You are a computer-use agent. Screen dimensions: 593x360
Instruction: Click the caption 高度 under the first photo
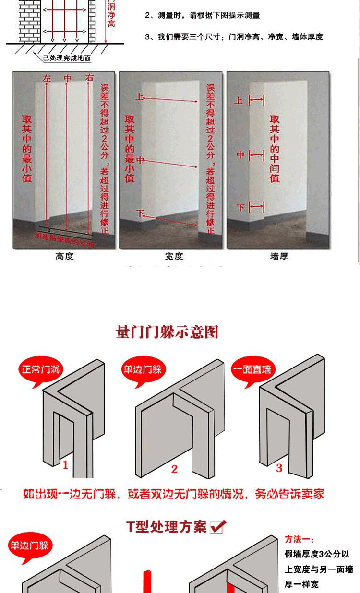64,257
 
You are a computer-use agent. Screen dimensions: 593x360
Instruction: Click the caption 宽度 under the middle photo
174,257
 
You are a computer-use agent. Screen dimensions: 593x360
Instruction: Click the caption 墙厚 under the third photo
279,257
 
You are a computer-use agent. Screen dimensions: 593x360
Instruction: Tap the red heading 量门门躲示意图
168,332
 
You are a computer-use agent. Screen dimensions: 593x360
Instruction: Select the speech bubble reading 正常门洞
41,370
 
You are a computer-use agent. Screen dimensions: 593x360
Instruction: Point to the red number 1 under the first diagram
66,464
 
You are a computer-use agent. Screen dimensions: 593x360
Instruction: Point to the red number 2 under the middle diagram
174,469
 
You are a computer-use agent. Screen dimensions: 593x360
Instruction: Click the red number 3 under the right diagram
279,468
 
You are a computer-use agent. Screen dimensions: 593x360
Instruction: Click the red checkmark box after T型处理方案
218,527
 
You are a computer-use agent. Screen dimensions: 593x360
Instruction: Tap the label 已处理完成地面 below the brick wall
67,59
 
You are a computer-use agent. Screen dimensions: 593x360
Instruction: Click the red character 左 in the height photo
47,78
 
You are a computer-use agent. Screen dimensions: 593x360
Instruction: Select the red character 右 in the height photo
89,78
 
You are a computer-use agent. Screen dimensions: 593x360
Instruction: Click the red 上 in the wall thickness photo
239,100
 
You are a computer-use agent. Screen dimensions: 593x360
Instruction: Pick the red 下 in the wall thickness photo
240,207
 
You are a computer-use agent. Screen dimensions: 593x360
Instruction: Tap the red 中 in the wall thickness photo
240,155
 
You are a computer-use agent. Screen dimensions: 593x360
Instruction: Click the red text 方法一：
300,539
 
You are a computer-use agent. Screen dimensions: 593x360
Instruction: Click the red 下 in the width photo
140,213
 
